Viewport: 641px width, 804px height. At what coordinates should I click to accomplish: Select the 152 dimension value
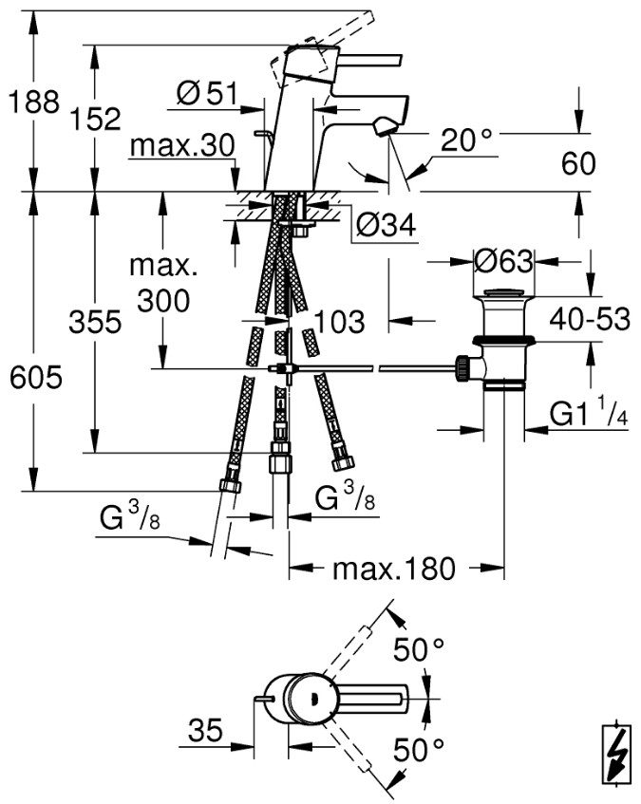pos(95,119)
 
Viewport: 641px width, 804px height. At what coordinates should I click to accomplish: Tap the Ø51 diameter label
pos(208,94)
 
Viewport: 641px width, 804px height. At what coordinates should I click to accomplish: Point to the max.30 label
pos(182,145)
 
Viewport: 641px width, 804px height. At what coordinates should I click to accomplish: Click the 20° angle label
pos(466,140)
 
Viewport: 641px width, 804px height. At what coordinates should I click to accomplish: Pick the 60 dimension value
pos(578,163)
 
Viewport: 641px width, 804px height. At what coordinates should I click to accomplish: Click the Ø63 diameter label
pos(503,261)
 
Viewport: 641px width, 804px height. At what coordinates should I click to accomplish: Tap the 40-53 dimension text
pos(590,320)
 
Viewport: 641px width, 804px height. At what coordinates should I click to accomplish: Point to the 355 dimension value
pos(95,322)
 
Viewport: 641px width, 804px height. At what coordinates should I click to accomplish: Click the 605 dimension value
pos(36,378)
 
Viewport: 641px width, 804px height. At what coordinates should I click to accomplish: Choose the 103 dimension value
pos(339,322)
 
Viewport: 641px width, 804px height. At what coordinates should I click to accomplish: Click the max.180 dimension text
pos(394,569)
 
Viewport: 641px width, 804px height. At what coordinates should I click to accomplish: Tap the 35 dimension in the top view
pos(206,730)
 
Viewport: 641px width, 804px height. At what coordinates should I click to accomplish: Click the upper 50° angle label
pos(419,650)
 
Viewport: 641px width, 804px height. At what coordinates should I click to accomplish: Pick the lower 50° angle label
pos(419,751)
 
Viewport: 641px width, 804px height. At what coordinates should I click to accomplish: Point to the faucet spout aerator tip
pos(384,126)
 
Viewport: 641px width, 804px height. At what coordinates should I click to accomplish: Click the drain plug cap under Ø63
pos(503,294)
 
